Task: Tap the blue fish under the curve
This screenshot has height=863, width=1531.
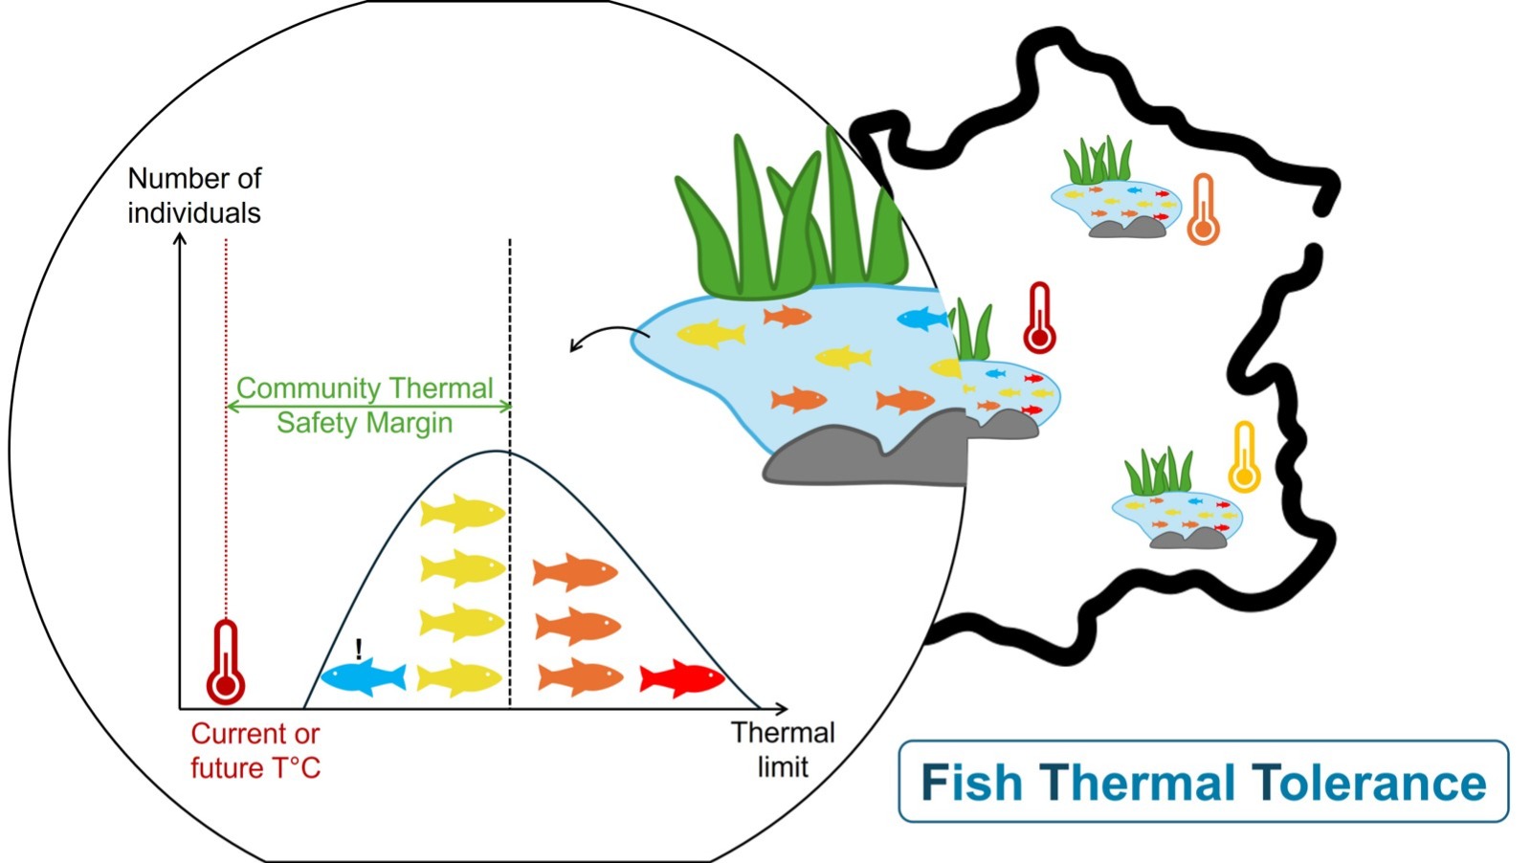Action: coord(363,678)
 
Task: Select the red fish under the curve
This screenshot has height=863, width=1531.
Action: coord(681,677)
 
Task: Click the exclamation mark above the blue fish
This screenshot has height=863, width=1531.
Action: coord(359,650)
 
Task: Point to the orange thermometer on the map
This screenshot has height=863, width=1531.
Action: coord(1203,210)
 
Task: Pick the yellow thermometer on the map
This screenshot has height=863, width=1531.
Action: coord(1243,457)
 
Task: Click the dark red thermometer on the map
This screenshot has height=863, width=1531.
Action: coord(1039,319)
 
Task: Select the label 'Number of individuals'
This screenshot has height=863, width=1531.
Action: coord(194,195)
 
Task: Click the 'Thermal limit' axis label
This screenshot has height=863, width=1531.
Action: coord(783,750)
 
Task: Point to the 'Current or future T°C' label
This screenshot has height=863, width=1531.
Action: coord(255,751)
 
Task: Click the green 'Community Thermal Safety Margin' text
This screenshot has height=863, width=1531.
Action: coord(365,406)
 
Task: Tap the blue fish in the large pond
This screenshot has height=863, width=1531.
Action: coord(922,319)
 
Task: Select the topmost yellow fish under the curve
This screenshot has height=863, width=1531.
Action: coord(462,512)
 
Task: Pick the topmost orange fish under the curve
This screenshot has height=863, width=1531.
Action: coord(575,571)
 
